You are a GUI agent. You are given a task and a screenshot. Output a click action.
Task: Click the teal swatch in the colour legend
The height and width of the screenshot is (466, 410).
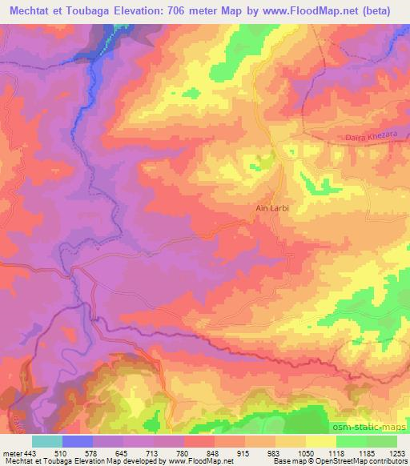point(47,441)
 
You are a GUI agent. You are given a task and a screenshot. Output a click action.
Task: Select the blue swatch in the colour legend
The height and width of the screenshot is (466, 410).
point(78,441)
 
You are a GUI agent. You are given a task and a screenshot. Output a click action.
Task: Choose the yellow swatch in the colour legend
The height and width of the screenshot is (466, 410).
point(320,441)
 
